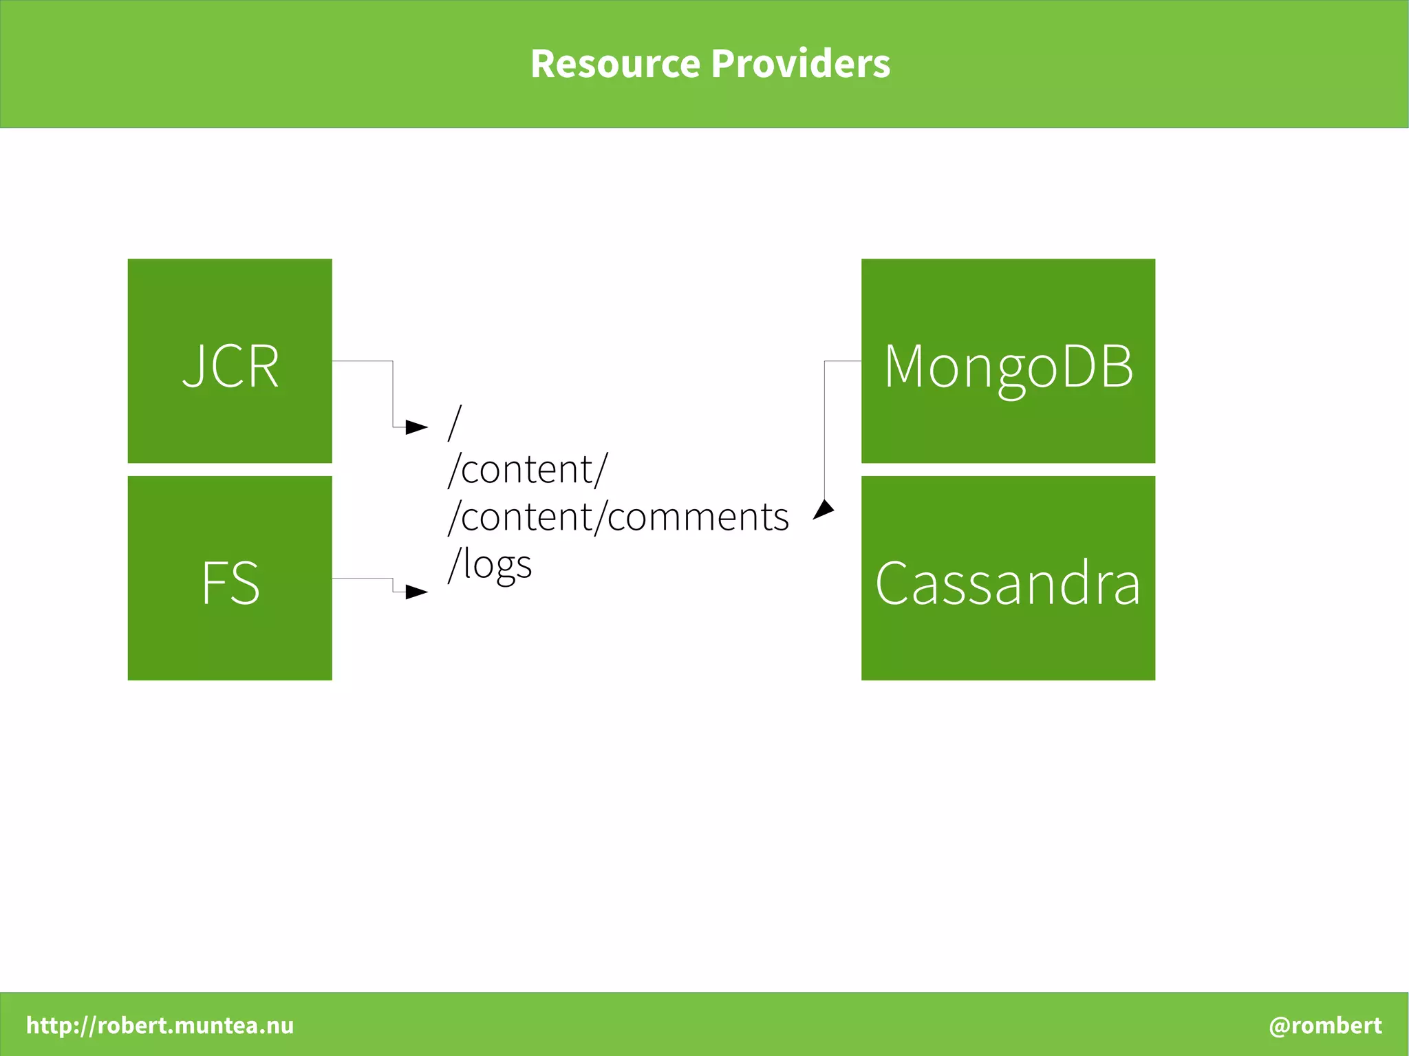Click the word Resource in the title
point(615,64)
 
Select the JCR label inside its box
point(230,367)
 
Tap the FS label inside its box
point(230,583)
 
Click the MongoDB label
point(1008,367)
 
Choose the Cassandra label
point(1008,583)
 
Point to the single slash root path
point(454,422)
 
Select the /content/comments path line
point(618,517)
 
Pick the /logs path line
point(490,565)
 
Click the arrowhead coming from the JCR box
point(416,427)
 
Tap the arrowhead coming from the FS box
point(416,592)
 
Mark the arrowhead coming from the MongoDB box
point(824,510)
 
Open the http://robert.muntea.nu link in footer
point(160,1025)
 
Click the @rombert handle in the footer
point(1325,1025)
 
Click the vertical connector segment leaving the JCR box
point(393,394)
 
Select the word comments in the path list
point(698,517)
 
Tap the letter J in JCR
point(193,367)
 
